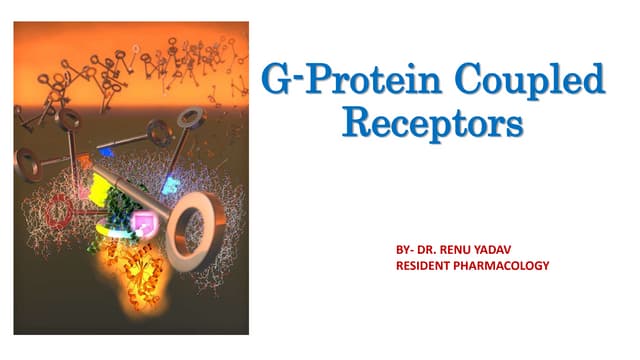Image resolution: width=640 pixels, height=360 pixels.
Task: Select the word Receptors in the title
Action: (432, 124)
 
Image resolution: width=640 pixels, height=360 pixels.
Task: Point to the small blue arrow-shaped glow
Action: (105, 152)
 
